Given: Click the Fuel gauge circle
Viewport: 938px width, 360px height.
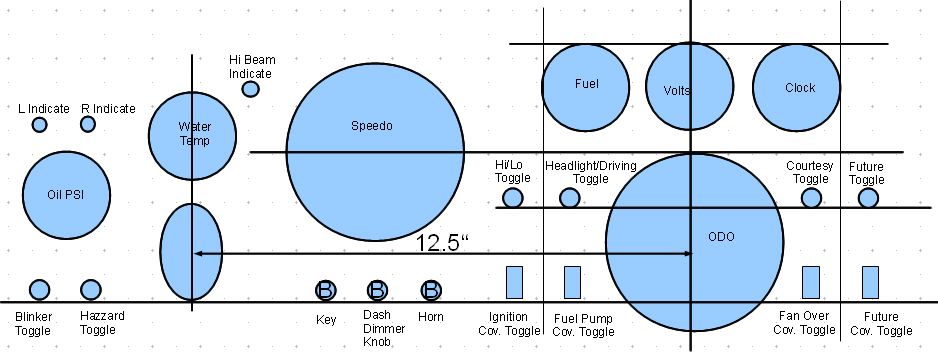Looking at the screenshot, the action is pos(587,85).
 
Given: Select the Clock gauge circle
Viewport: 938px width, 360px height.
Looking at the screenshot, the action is pos(799,87).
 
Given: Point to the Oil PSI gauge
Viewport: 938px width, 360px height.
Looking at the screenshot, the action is pos(66,195).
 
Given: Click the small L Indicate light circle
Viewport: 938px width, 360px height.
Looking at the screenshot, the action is pos(40,125).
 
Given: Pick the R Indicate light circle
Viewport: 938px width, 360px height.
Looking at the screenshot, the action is pos(88,124).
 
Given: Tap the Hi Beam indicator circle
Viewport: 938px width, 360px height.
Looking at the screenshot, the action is pos(251,89).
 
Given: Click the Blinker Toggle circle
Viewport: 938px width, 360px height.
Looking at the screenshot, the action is pos(40,290).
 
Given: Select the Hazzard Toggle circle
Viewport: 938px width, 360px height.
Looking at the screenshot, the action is pos(91,290).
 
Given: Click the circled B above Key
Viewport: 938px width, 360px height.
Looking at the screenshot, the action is pos(326,291).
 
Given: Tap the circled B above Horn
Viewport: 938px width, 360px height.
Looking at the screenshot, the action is pos(431,291).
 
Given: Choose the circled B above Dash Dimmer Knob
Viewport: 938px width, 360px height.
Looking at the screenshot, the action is pos(377,291).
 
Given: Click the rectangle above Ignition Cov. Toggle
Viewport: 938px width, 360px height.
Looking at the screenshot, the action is pos(515,282).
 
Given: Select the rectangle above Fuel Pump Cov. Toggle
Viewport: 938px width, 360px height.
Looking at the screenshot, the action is pos(572,282).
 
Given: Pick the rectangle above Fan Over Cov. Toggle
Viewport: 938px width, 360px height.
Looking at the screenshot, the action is pos(811,282).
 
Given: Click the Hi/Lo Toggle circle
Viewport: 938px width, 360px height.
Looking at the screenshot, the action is pos(512,198).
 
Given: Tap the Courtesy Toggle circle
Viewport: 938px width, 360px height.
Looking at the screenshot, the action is pos(811,198).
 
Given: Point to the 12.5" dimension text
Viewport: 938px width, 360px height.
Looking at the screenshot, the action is pos(441,242).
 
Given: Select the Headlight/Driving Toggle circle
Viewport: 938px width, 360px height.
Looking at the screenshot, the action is pos(569,198).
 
